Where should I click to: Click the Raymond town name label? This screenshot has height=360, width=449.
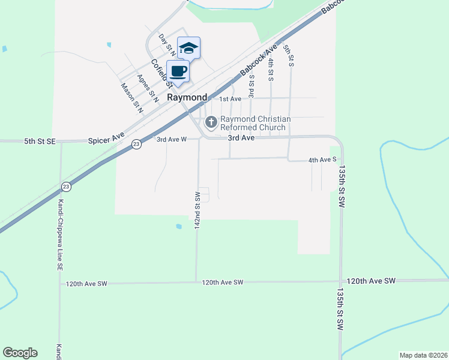[x=187, y=97]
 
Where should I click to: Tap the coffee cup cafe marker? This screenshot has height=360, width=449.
[x=178, y=71]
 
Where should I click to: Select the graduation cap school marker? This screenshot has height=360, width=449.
[x=188, y=48]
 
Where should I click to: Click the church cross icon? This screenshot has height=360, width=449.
[x=211, y=123]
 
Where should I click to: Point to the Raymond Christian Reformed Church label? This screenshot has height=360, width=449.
[x=256, y=124]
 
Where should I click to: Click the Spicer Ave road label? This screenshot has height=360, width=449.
[x=106, y=140]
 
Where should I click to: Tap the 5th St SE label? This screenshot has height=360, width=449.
[x=40, y=141]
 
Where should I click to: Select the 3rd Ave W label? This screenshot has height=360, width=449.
[x=172, y=140]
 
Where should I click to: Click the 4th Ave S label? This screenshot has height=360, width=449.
[x=322, y=160]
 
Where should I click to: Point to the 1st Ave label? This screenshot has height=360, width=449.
[x=230, y=99]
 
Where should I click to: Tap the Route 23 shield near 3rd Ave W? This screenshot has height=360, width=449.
[x=137, y=145]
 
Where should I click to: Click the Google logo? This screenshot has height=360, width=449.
[x=20, y=353]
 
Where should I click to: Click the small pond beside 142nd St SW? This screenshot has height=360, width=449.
[x=179, y=226]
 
